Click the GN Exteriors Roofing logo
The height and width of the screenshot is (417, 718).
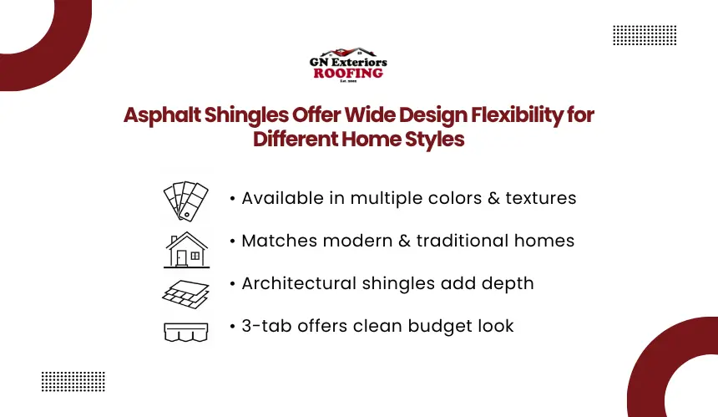click(x=348, y=64)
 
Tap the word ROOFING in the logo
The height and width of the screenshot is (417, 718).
click(x=348, y=74)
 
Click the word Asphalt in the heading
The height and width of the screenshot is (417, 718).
click(x=162, y=115)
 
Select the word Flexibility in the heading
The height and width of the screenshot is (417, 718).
click(x=517, y=115)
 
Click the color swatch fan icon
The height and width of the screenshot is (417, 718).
click(x=186, y=201)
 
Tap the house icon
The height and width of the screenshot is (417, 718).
click(x=186, y=250)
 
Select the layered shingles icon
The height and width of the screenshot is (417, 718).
click(x=186, y=294)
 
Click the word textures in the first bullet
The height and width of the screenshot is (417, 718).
click(x=541, y=198)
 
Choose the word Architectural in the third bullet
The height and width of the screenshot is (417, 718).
click(x=299, y=283)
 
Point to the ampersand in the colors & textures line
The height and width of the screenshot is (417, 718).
click(x=493, y=198)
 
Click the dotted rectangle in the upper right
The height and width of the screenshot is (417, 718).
click(x=645, y=35)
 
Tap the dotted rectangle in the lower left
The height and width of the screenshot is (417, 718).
click(x=73, y=382)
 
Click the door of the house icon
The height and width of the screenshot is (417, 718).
click(x=182, y=258)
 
